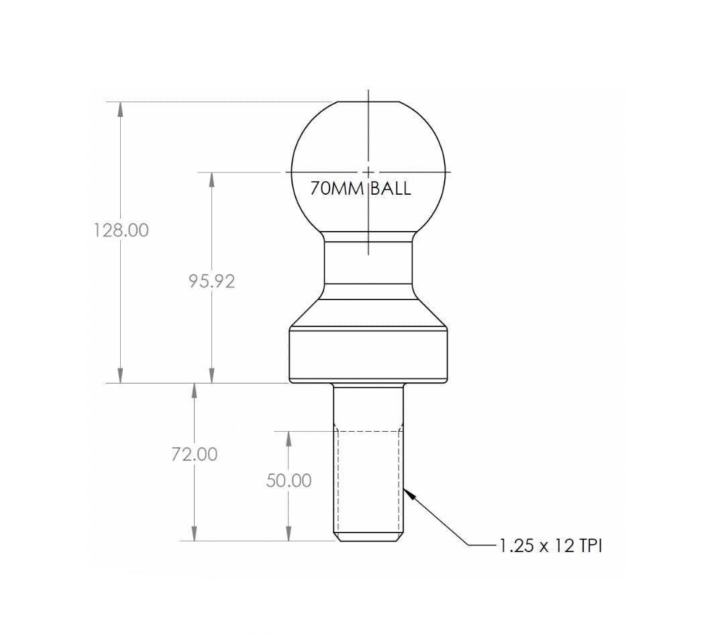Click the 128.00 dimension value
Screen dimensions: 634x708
tap(121, 230)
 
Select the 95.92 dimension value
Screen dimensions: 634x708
tap(211, 281)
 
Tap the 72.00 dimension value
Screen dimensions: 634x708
tap(194, 455)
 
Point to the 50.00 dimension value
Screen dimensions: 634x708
tap(289, 481)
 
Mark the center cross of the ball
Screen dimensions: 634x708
tap(368, 172)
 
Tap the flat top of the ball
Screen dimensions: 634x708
tap(368, 103)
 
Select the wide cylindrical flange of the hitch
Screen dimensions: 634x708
tap(368, 354)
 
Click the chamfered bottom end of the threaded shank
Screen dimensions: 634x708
tap(368, 538)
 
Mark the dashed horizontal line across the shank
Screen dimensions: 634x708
tap(368, 430)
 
